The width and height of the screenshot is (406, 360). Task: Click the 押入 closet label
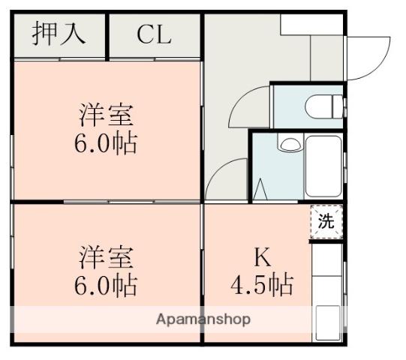(x=59, y=34)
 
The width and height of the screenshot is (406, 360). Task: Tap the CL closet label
(x=154, y=35)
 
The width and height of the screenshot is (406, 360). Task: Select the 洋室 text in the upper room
(x=107, y=117)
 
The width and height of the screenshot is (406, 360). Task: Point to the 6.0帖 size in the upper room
(x=107, y=142)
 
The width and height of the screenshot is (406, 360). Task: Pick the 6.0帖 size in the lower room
(x=107, y=284)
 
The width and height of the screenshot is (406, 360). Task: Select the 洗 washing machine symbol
(x=326, y=222)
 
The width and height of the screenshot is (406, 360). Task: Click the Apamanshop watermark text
(x=203, y=319)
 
